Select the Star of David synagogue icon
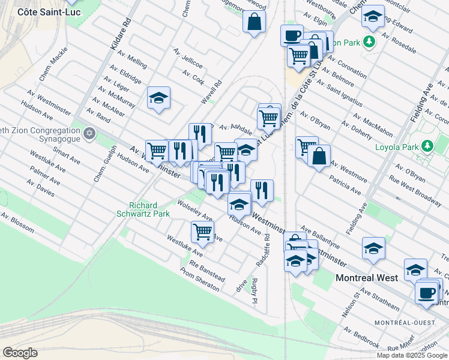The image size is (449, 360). point(89,133)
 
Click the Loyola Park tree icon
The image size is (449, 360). point(427,146)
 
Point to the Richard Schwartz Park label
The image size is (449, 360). point(150,209)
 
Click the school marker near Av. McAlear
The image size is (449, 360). point(159,98)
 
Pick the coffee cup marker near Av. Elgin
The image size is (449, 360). point(292,35)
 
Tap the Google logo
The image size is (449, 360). point(20,353)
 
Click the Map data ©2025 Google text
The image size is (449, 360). point(412,355)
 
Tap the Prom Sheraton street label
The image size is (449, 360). point(200,280)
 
